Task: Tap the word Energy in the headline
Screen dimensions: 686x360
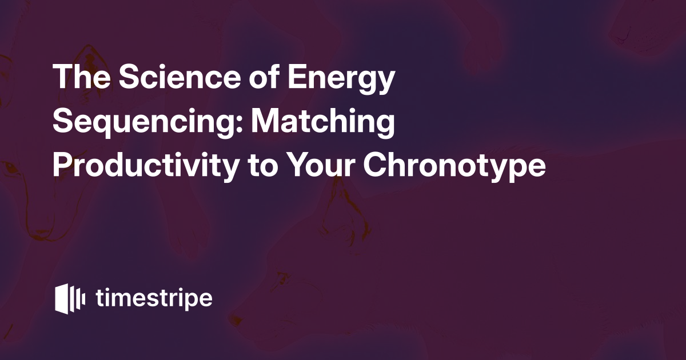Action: click(341, 79)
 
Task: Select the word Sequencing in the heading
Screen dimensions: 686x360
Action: click(147, 123)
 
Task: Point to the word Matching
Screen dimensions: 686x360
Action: click(323, 123)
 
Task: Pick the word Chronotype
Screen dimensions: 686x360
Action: click(454, 166)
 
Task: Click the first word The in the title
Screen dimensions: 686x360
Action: click(81, 76)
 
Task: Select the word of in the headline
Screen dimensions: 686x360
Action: click(264, 76)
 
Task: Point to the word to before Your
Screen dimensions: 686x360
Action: click(263, 166)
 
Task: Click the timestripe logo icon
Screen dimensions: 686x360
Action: click(70, 299)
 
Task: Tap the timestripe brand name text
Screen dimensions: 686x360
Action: click(154, 298)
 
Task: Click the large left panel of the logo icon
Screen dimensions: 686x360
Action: click(62, 299)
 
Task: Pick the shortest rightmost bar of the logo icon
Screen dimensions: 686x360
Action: click(84, 299)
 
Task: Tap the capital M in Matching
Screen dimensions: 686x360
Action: click(265, 121)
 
